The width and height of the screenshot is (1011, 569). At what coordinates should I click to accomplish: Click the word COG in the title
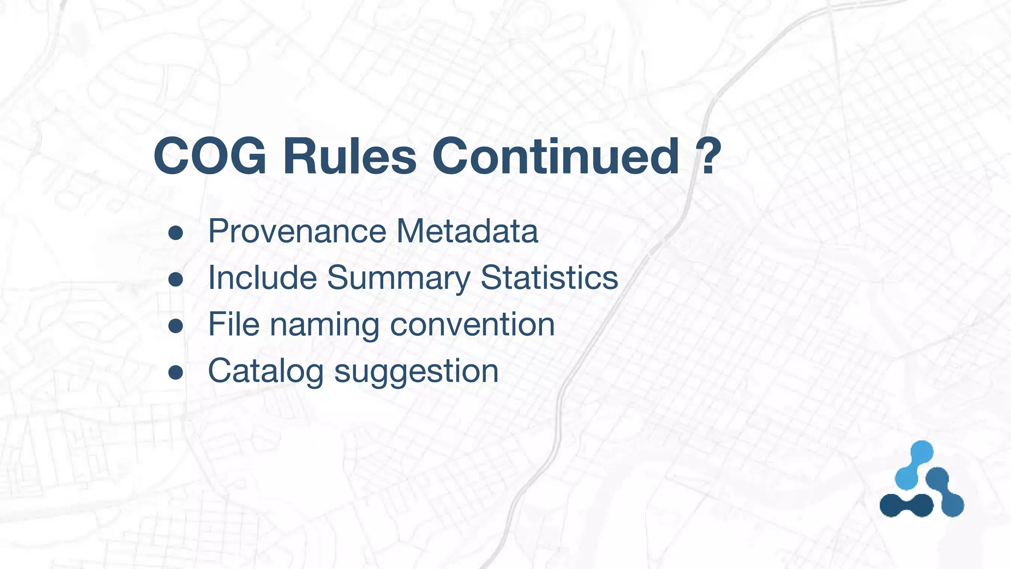point(210,157)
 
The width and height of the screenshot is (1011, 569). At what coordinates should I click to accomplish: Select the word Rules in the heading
point(350,157)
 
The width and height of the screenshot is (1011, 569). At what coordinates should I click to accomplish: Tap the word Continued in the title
point(556,157)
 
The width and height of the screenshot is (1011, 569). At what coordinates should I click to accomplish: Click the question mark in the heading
point(709,157)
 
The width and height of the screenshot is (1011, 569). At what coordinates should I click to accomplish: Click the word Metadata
point(467,231)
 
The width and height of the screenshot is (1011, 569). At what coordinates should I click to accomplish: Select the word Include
point(262,278)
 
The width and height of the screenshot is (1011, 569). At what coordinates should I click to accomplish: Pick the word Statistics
point(549,278)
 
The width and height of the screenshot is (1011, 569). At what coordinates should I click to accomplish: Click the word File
point(233,325)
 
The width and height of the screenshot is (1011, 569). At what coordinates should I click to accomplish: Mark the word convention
point(472,325)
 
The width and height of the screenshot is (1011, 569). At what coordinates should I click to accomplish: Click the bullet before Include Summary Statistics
point(176,280)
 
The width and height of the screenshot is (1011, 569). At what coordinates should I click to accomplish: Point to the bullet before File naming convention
point(176,326)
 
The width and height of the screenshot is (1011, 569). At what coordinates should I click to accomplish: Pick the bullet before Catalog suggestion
point(176,372)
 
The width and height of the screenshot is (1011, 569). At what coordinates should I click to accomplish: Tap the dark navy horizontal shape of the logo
point(906,505)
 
